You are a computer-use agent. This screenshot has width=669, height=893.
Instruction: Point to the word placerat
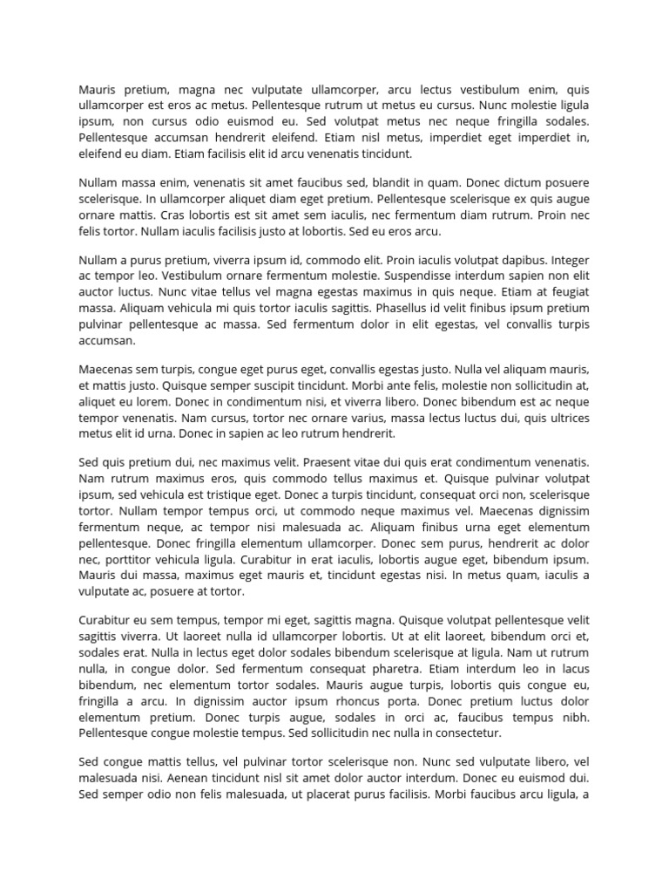328,794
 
